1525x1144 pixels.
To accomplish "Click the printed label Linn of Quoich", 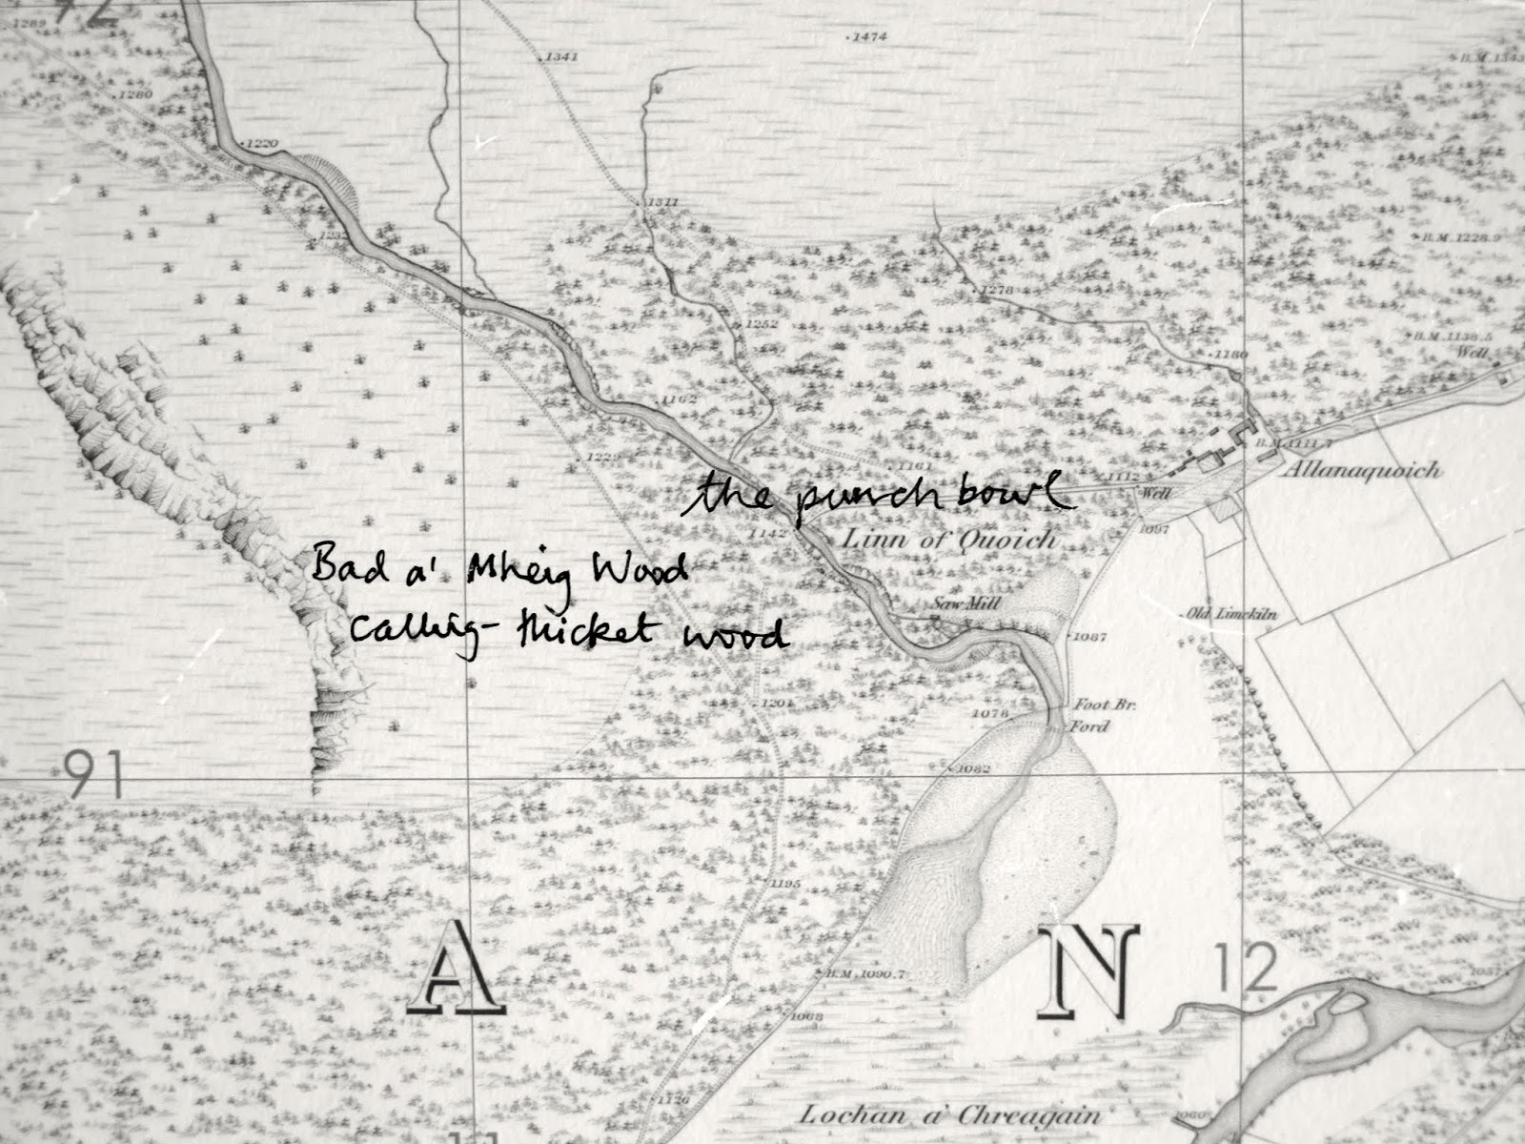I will pyautogui.click(x=949, y=541).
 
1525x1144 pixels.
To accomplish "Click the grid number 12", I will pyautogui.click(x=1247, y=972).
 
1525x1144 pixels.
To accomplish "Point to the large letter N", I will pyautogui.click(x=1091, y=972).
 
